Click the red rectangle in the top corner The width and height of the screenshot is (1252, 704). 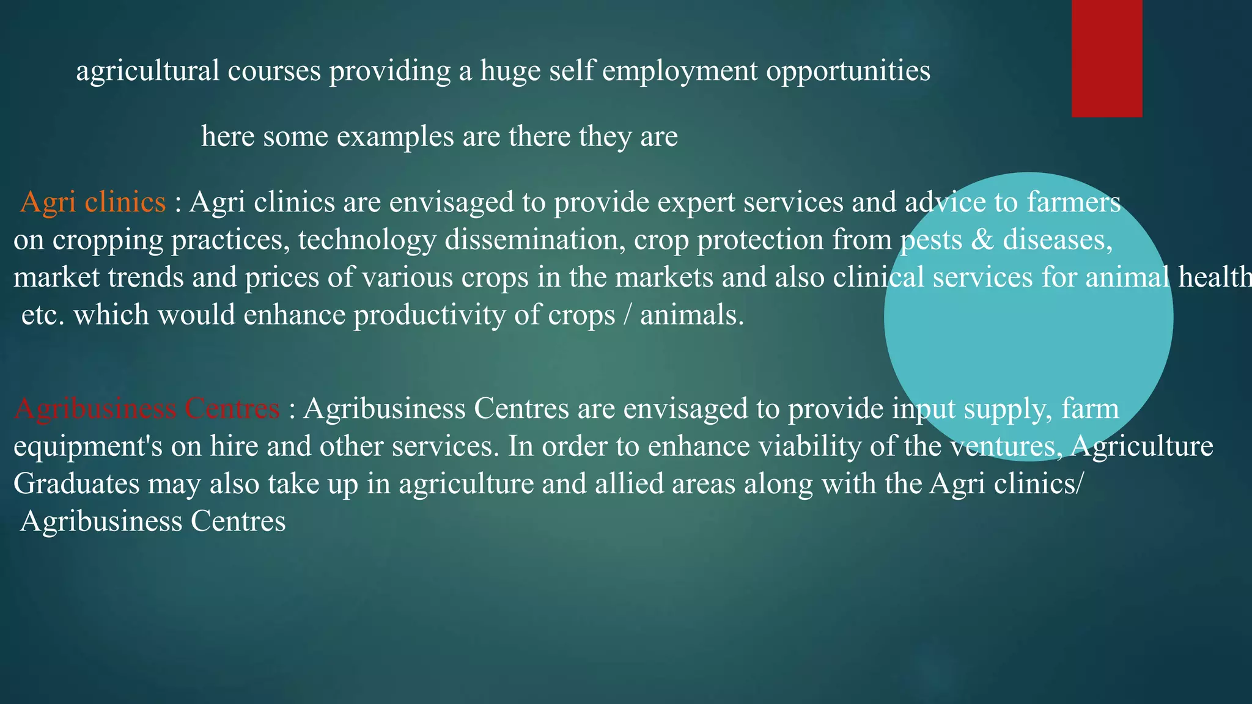(1107, 58)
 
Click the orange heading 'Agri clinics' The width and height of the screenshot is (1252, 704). (93, 202)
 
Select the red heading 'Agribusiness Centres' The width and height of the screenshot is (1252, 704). (147, 408)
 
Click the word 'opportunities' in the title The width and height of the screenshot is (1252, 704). (848, 71)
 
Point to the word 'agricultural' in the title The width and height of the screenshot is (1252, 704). (147, 71)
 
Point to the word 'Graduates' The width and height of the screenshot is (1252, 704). (76, 484)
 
